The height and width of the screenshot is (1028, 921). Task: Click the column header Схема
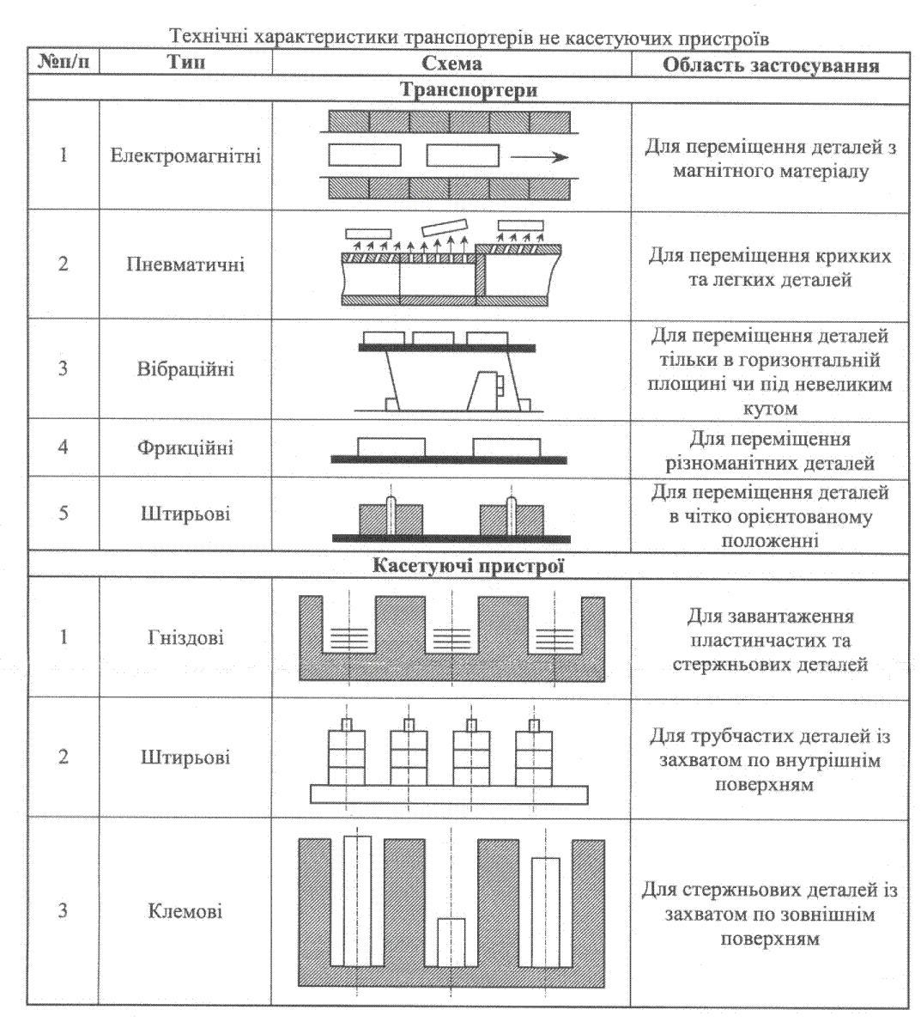(x=452, y=64)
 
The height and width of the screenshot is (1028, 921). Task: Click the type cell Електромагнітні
(x=185, y=157)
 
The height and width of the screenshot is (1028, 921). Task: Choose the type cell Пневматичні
(x=185, y=264)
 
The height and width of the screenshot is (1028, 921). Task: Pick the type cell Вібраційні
(x=185, y=369)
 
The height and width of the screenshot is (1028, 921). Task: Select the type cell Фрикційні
(x=185, y=447)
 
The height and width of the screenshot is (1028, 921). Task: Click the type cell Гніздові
(x=185, y=638)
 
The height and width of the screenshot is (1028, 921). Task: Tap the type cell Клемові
(x=185, y=910)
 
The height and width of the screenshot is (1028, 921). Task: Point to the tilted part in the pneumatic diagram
(x=441, y=226)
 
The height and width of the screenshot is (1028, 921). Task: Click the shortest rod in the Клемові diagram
(x=451, y=942)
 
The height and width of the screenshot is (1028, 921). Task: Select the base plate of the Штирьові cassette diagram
(x=451, y=794)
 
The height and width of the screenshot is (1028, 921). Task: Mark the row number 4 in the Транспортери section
(x=63, y=447)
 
